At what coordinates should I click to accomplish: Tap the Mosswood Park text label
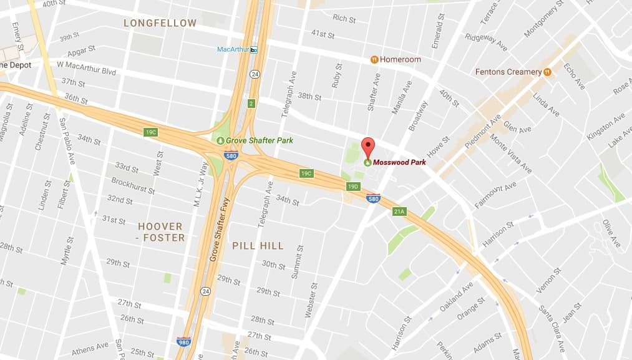coord(399,162)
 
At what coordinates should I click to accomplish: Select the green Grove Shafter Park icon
coord(220,140)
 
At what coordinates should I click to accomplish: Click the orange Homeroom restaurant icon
coord(374,59)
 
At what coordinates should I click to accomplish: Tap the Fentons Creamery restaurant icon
coord(547,72)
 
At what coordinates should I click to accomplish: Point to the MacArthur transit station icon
coord(253,49)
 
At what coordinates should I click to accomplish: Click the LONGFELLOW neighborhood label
coord(160,23)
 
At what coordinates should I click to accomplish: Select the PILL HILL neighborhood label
coord(258,246)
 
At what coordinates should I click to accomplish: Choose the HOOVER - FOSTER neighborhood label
coord(160,231)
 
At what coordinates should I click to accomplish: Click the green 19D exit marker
coord(354,187)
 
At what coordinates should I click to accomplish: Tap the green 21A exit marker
coord(399,212)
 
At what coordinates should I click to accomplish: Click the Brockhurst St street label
coord(133,185)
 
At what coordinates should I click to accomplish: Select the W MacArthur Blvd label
coord(86,67)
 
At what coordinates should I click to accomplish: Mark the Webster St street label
coord(310,300)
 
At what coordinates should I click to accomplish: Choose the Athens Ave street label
coord(90,349)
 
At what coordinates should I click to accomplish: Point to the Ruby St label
coord(338,75)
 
